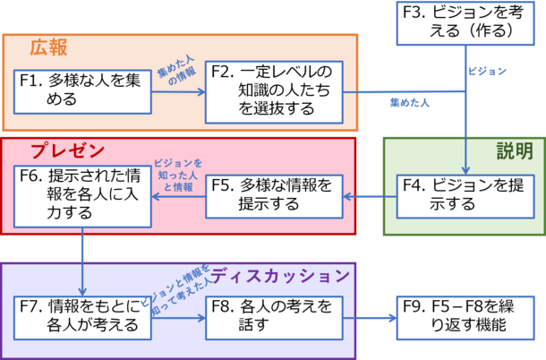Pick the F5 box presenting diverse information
(276, 196)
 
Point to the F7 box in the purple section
(80, 316)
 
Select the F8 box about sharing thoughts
(273, 316)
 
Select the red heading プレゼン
(68, 150)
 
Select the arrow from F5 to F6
(177, 197)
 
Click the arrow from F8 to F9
(369, 317)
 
